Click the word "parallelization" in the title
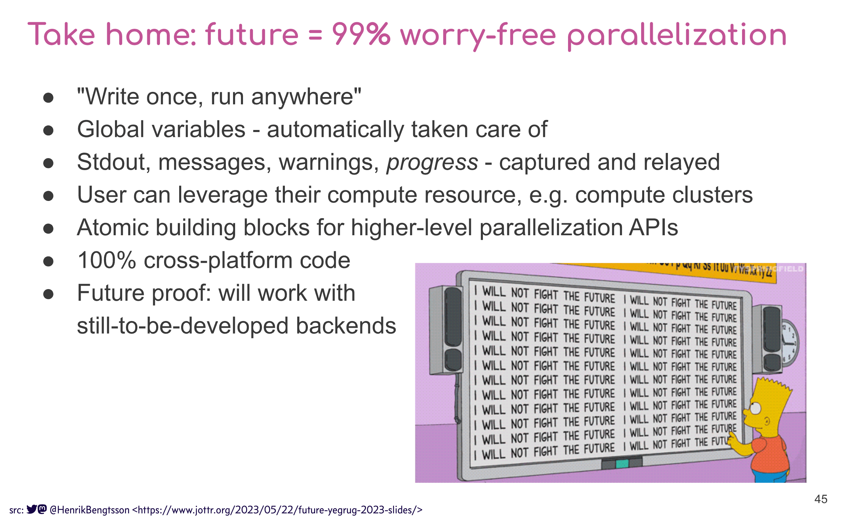point(676,35)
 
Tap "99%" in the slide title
point(361,35)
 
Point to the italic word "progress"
point(432,162)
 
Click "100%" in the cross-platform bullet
point(106,260)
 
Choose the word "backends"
point(345,326)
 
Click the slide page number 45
point(820,499)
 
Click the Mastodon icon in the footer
point(42,509)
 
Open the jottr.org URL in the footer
point(277,510)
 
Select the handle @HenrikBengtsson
point(90,510)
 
